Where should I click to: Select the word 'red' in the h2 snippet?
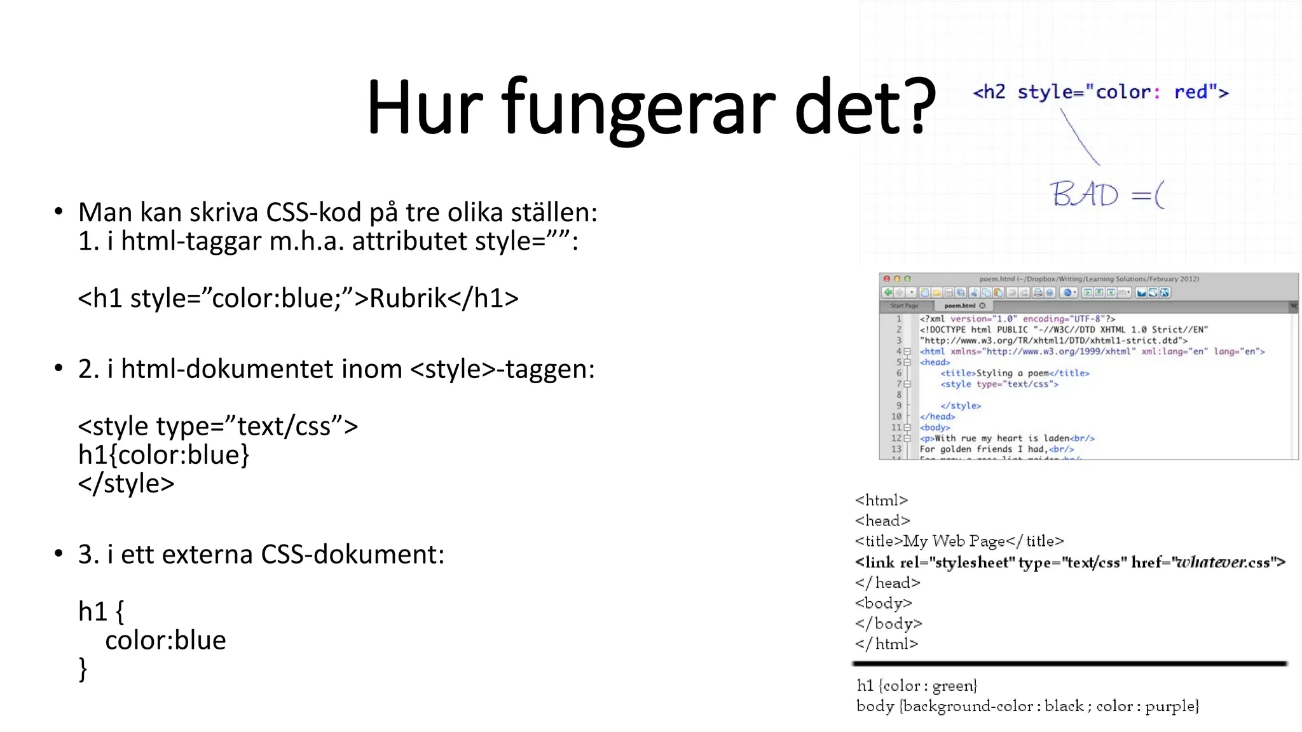coord(1190,92)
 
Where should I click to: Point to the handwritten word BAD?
coord(1084,194)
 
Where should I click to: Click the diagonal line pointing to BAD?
coord(1079,136)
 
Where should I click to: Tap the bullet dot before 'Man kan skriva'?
coord(58,212)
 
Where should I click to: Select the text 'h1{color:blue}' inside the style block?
coord(163,455)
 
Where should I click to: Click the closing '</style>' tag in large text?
coord(126,484)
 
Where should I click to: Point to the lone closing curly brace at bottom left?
coord(83,669)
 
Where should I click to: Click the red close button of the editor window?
coord(887,279)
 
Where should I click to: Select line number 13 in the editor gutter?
coord(896,449)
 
